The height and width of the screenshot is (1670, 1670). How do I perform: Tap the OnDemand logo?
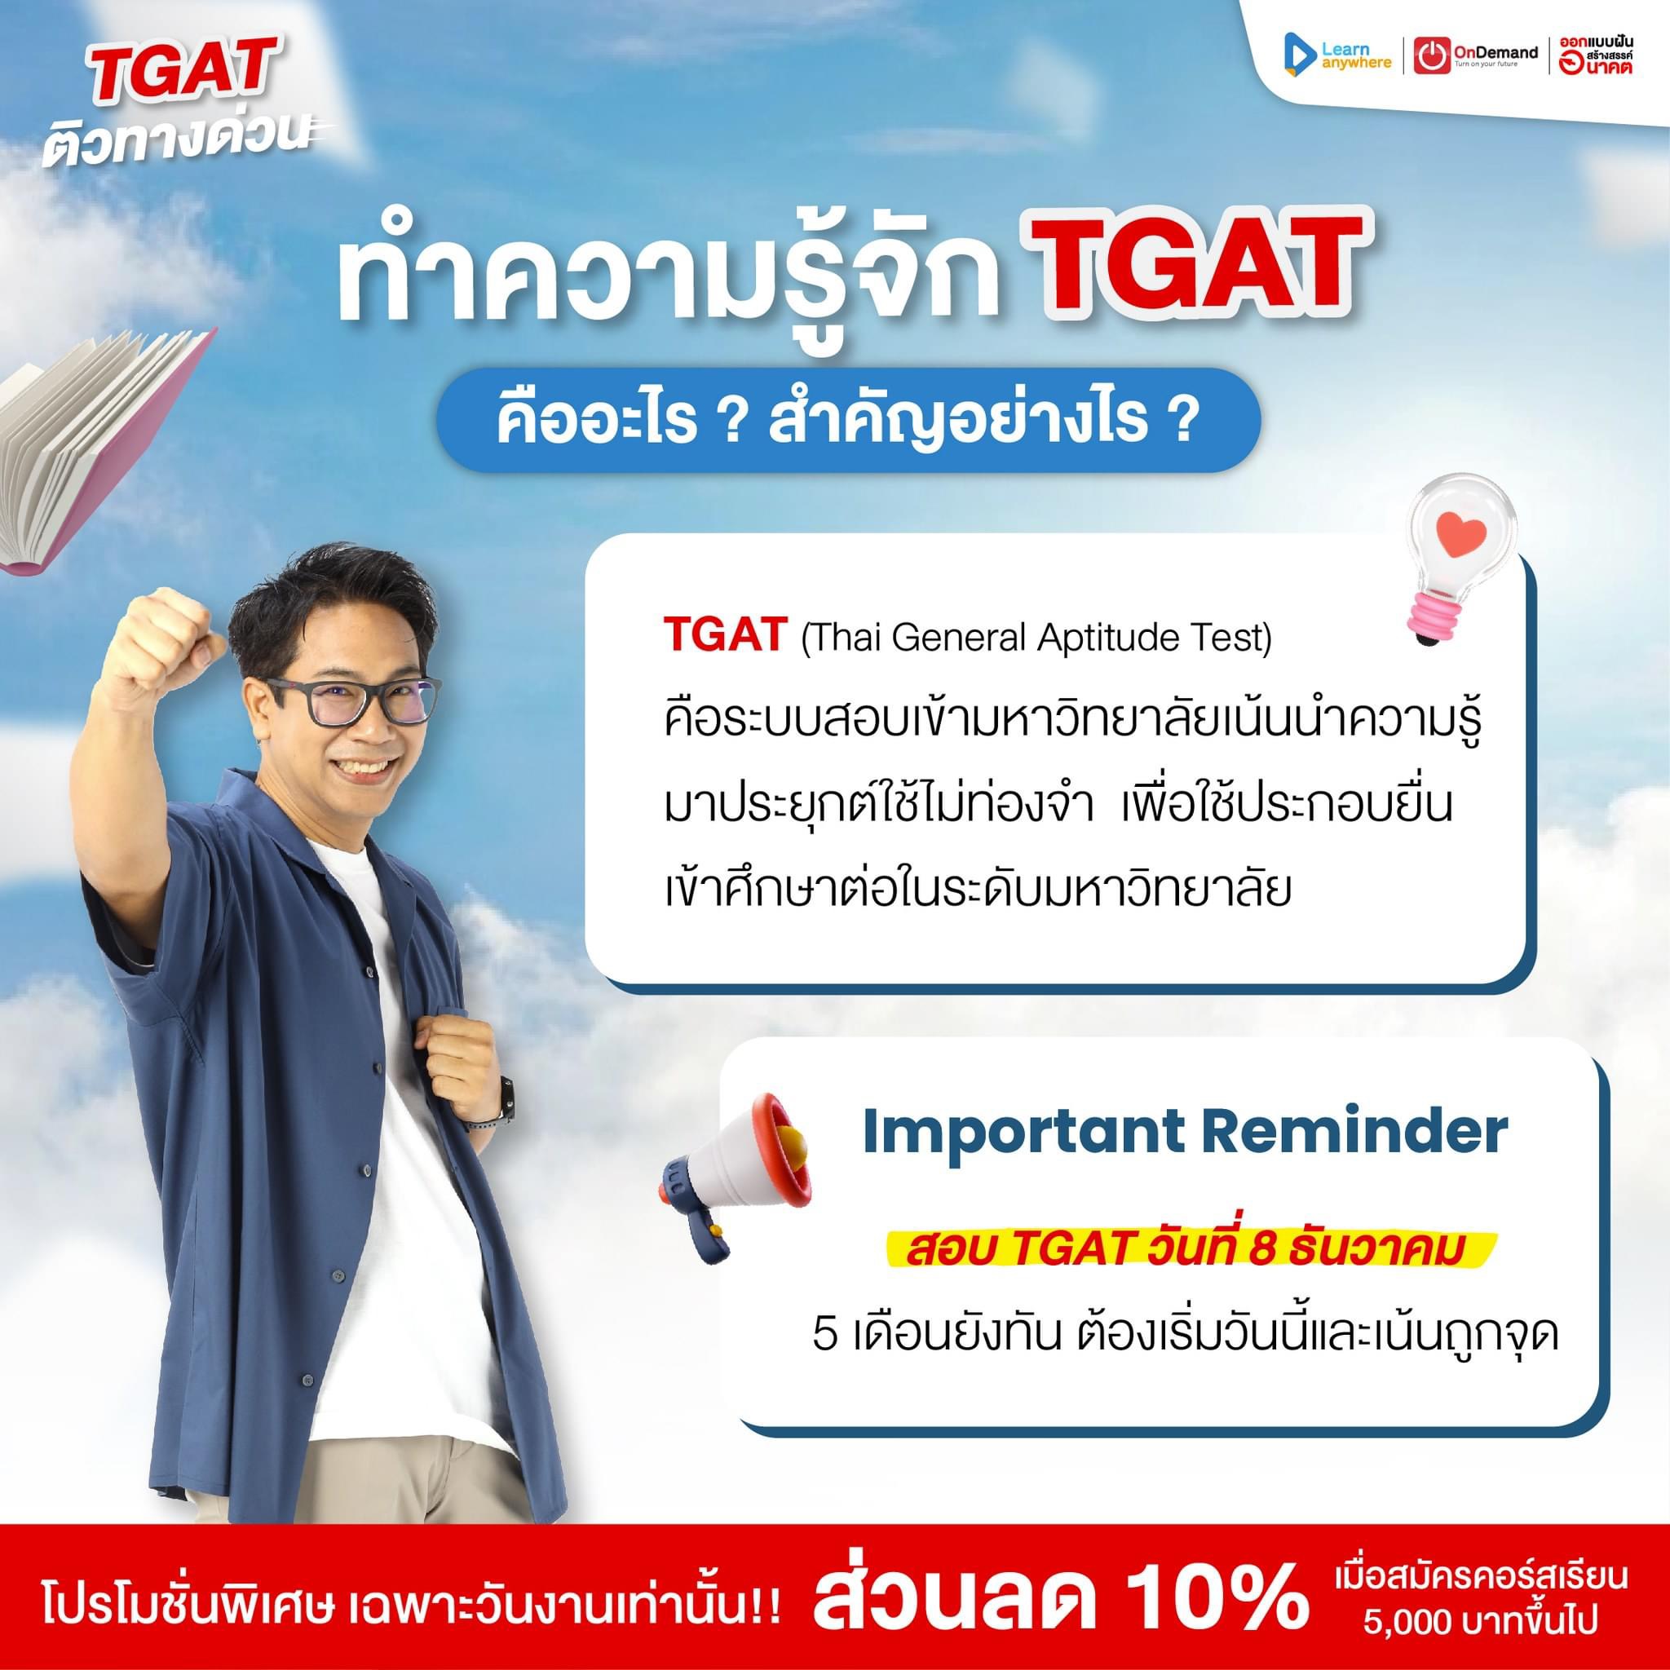coord(1475,55)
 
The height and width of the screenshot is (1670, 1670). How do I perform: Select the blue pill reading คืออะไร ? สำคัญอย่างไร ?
coord(846,420)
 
